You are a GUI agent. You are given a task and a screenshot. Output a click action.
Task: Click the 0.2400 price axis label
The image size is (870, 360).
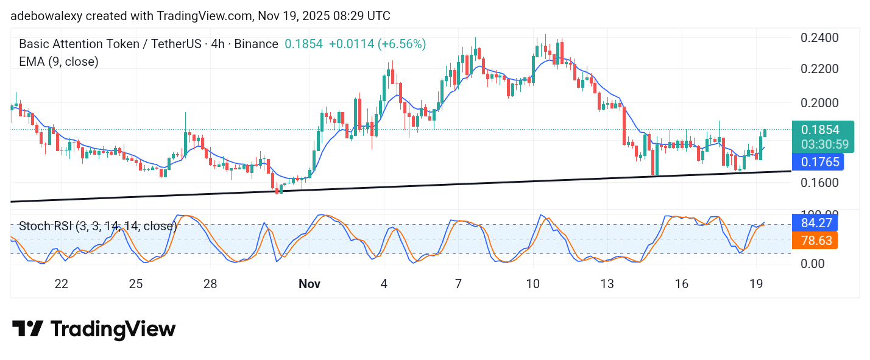tap(819, 38)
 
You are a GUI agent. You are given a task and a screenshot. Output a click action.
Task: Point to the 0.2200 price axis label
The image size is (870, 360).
tap(819, 68)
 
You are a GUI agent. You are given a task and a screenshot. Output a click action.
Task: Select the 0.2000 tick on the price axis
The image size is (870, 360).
tap(819, 102)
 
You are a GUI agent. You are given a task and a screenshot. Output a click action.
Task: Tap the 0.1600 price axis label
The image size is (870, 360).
tap(819, 182)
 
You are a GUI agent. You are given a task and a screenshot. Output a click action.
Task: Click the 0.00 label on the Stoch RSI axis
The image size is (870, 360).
tap(813, 264)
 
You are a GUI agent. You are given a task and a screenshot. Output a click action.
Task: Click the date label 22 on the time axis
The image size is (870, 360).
tap(61, 284)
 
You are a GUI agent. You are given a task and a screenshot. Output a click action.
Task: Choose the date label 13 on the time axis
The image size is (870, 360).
tap(607, 284)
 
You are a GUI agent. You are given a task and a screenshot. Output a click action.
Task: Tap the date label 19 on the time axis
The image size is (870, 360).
tap(756, 284)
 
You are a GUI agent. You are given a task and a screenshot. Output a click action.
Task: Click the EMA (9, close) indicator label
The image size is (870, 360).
tap(58, 62)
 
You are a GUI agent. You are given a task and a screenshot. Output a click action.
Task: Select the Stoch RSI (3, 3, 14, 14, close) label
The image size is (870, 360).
tap(97, 226)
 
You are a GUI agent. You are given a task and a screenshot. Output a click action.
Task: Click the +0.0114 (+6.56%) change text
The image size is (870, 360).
tap(377, 44)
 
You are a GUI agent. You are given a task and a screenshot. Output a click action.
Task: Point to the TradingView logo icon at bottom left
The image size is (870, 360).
tap(27, 329)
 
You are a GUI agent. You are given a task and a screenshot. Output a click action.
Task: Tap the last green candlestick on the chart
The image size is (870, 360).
tap(765, 133)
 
